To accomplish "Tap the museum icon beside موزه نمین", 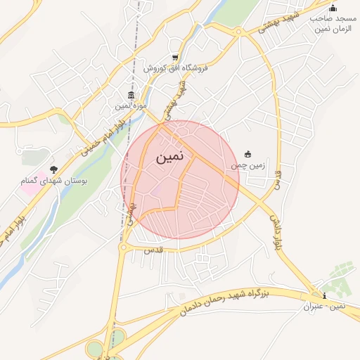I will (x=131, y=96).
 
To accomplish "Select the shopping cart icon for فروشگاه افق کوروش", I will (x=175, y=58).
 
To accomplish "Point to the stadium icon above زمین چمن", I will (x=247, y=154).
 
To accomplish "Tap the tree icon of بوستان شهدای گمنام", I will (x=54, y=169).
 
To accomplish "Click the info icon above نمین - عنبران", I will (x=323, y=296).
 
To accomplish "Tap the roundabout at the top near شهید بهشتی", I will (x=238, y=31).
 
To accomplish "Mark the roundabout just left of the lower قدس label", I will (x=123, y=247).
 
